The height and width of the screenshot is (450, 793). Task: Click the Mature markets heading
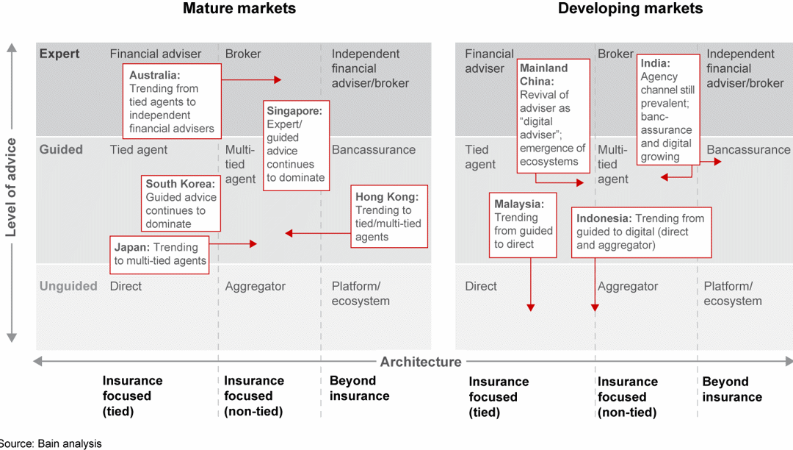tap(239, 9)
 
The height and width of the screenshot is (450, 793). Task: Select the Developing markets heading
tap(630, 9)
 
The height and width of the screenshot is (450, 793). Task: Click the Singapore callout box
tap(296, 145)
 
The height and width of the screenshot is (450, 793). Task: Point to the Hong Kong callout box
tap(388, 216)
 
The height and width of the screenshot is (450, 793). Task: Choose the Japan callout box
tap(160, 253)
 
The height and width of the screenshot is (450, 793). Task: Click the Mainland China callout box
tap(553, 115)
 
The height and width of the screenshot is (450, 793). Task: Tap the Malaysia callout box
tap(523, 224)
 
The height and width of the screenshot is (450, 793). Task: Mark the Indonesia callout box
tap(641, 232)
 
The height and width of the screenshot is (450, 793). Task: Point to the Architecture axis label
tap(420, 362)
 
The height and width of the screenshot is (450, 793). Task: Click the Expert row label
tap(59, 54)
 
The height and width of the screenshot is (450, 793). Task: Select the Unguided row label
tap(68, 286)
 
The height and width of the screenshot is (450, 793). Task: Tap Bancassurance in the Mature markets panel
tap(373, 150)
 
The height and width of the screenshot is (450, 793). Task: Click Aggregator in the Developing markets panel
tap(627, 287)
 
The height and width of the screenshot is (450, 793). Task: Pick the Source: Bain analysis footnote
tap(50, 443)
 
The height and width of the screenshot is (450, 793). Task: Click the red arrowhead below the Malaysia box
tap(530, 307)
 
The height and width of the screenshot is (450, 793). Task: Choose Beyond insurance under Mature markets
tap(359, 388)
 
